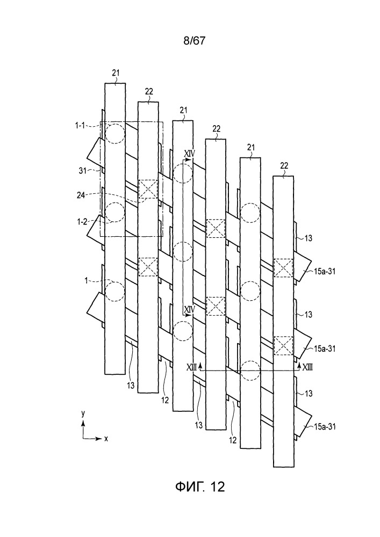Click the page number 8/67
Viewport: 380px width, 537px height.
(194, 41)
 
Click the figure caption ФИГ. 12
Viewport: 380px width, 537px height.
(200, 487)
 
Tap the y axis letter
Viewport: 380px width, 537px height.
(83, 413)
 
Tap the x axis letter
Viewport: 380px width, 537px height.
(106, 438)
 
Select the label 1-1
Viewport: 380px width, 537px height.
(80, 126)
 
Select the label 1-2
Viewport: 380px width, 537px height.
(81, 222)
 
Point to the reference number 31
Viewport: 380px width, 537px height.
(83, 170)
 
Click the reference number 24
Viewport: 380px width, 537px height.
(81, 195)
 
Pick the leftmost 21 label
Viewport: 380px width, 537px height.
(116, 72)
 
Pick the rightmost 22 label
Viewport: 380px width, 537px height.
(284, 166)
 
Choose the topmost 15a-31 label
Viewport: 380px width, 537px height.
(324, 271)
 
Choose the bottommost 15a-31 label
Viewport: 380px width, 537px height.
(324, 426)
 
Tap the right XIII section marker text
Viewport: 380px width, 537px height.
(307, 367)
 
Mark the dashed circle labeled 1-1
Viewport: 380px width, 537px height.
(115, 134)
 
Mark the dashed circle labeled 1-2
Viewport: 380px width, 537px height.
(115, 212)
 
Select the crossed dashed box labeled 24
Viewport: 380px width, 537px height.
(148, 189)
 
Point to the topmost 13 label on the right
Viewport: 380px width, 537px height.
(309, 238)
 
